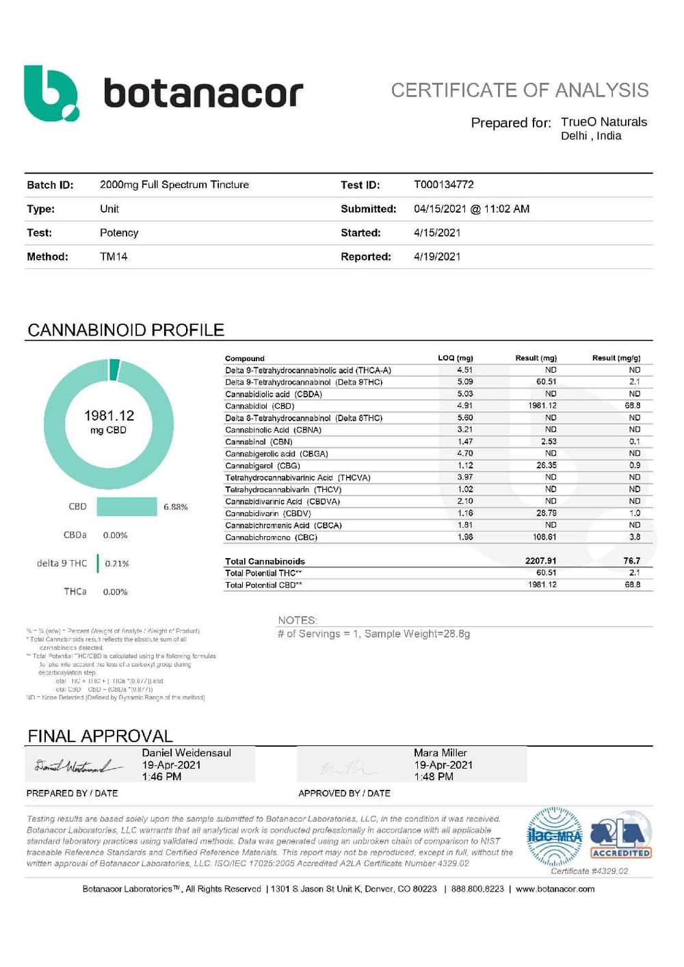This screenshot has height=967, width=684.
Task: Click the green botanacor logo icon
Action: pyautogui.click(x=51, y=94)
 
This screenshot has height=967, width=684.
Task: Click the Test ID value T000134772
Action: pyautogui.click(x=443, y=185)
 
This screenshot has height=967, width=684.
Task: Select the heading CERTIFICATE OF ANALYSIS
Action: pyautogui.click(x=519, y=90)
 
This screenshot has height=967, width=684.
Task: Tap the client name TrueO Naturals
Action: pyautogui.click(x=603, y=122)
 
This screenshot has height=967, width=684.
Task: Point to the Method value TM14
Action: pyautogui.click(x=114, y=256)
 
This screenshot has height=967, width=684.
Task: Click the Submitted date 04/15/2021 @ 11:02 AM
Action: pyautogui.click(x=471, y=209)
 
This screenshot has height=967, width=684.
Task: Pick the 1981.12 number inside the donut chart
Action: pyautogui.click(x=109, y=416)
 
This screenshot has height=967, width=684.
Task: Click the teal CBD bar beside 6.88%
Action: pyautogui.click(x=127, y=507)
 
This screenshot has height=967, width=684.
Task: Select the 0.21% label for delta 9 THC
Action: pyautogui.click(x=117, y=564)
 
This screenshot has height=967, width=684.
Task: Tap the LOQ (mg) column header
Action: pyautogui.click(x=455, y=358)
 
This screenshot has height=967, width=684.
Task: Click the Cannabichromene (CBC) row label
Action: pyautogui.click(x=271, y=538)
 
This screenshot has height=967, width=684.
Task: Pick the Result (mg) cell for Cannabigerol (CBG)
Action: pyautogui.click(x=546, y=466)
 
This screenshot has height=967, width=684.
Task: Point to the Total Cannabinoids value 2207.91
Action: pyautogui.click(x=540, y=561)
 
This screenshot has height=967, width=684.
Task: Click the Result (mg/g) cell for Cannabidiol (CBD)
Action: pyautogui.click(x=632, y=406)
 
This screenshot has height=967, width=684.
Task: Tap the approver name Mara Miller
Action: pyautogui.click(x=440, y=752)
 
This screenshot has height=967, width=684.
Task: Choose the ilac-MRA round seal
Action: pyautogui.click(x=554, y=836)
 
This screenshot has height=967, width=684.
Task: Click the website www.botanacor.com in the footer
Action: pyautogui.click(x=555, y=889)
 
